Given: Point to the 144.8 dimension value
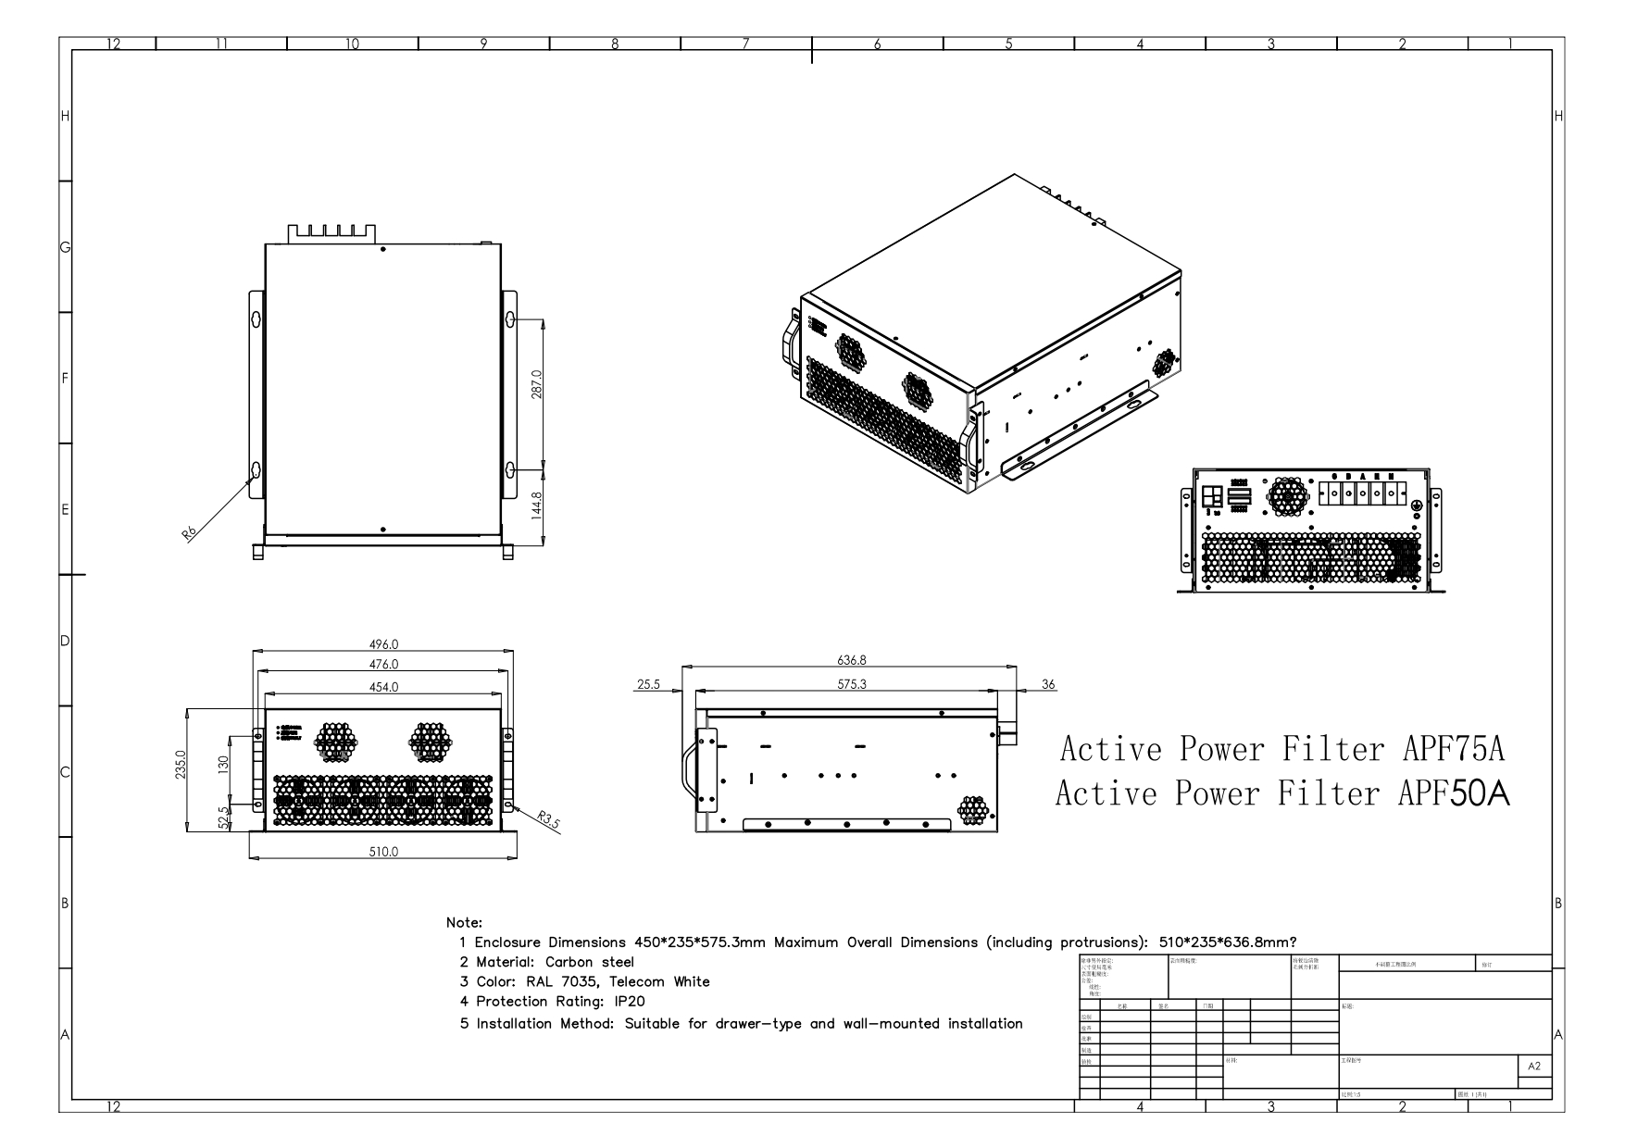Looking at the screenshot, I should [x=537, y=505].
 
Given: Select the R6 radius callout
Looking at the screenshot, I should [x=189, y=533].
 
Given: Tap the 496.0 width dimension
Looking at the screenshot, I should [x=383, y=644].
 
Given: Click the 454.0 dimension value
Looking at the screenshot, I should [x=383, y=687].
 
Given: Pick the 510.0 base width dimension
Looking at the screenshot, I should [x=383, y=852].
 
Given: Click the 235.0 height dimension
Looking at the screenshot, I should [x=181, y=766].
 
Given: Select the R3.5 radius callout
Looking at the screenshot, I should [x=548, y=820].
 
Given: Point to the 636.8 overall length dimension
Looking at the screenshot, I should [x=851, y=661].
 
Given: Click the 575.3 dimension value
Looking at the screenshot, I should [x=851, y=685].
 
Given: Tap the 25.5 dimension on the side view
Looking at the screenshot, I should [x=648, y=685].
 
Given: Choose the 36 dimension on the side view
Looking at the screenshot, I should [x=1048, y=685].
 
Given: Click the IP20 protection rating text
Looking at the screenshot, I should [x=629, y=1002].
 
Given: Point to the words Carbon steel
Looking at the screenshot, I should [x=590, y=962].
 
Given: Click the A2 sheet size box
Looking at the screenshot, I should [x=1534, y=1067].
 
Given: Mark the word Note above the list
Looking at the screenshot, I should [x=463, y=923].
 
